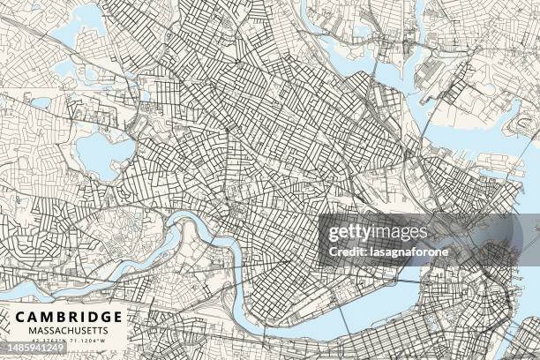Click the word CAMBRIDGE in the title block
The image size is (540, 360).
[68, 316]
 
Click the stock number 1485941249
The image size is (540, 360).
[36, 349]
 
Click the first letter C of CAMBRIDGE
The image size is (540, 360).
[19, 316]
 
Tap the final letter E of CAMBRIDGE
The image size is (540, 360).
[118, 316]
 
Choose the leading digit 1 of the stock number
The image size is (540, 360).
[6, 349]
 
